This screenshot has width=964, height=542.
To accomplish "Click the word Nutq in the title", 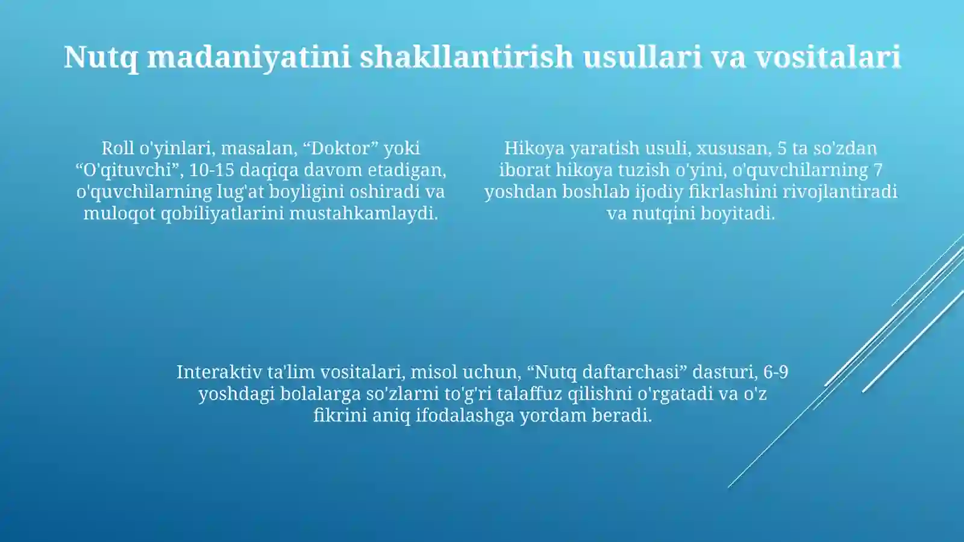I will click(101, 57).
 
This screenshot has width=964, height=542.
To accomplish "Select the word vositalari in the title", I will click(828, 57).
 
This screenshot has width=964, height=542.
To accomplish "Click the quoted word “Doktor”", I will click(340, 148).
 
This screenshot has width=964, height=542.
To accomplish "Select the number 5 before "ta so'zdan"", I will click(782, 148).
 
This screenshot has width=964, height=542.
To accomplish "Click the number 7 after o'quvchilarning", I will click(878, 170).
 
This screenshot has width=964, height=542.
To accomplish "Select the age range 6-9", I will click(775, 372).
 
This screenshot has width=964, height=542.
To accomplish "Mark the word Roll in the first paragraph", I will click(117, 148).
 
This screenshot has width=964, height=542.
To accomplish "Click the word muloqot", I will click(119, 213).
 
